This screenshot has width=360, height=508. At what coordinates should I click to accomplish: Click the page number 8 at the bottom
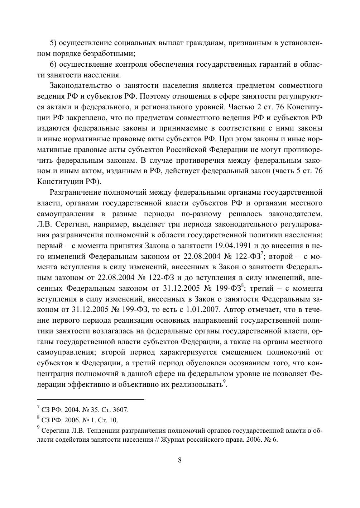(179, 460)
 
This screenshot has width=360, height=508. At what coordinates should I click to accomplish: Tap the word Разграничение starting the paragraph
(75, 192)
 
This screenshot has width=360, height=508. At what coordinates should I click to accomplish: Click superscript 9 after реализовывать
(225, 381)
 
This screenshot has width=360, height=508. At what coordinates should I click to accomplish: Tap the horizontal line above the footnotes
(91, 399)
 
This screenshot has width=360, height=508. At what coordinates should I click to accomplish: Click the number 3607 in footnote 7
(121, 410)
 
